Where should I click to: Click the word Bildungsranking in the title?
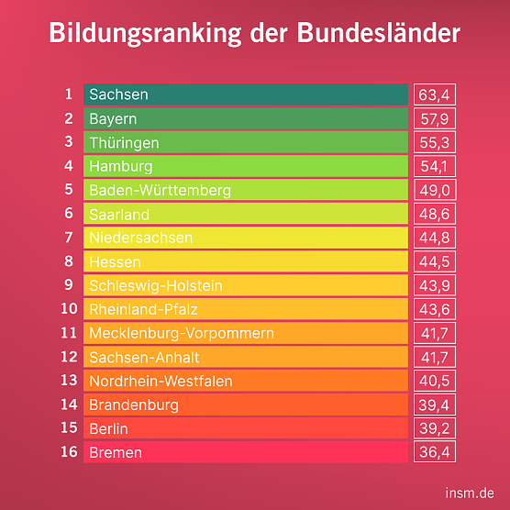145,34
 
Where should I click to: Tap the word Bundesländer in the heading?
379,34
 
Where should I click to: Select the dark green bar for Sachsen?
245,94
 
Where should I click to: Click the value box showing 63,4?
435,94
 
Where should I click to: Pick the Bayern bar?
245,118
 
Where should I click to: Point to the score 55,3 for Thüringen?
435,142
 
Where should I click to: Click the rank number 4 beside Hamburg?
68,166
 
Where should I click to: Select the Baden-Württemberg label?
160,190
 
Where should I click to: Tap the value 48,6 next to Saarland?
435,214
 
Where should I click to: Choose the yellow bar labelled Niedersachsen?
245,238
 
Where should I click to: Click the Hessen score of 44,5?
435,261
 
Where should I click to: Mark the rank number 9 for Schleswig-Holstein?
68,285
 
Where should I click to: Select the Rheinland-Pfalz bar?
245,309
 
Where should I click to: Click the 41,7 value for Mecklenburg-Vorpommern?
435,333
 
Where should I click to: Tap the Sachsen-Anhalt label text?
144,357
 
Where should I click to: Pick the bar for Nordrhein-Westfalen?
245,381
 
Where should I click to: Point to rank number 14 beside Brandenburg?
68,405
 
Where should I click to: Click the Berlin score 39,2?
435,428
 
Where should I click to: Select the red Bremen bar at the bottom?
245,452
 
